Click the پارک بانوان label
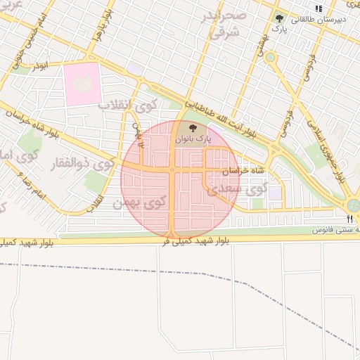193,139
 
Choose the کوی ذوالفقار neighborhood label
83,166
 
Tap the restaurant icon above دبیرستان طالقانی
319,8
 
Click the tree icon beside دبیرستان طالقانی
280,19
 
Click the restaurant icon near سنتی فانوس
350,219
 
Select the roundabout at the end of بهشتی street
270,57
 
